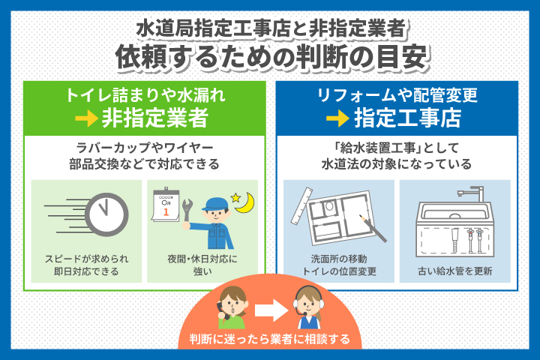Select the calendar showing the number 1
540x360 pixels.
coord(166,205)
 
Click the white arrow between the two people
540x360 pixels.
coord(269,308)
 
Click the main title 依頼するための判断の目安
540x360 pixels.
coord(270,56)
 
